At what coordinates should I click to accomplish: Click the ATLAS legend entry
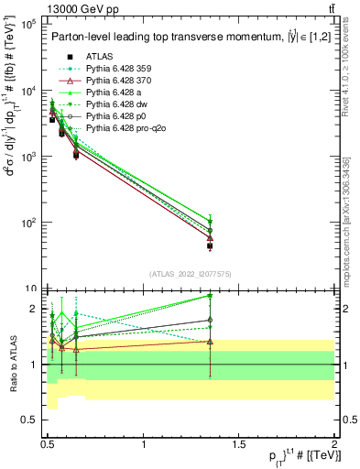point(98,56)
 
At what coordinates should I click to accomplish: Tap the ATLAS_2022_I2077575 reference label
point(190,274)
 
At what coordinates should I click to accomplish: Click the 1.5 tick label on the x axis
point(239,444)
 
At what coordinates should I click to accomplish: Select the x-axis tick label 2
point(334,444)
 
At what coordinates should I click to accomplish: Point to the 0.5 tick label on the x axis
point(49,444)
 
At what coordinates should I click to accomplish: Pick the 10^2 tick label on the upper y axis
point(27,223)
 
